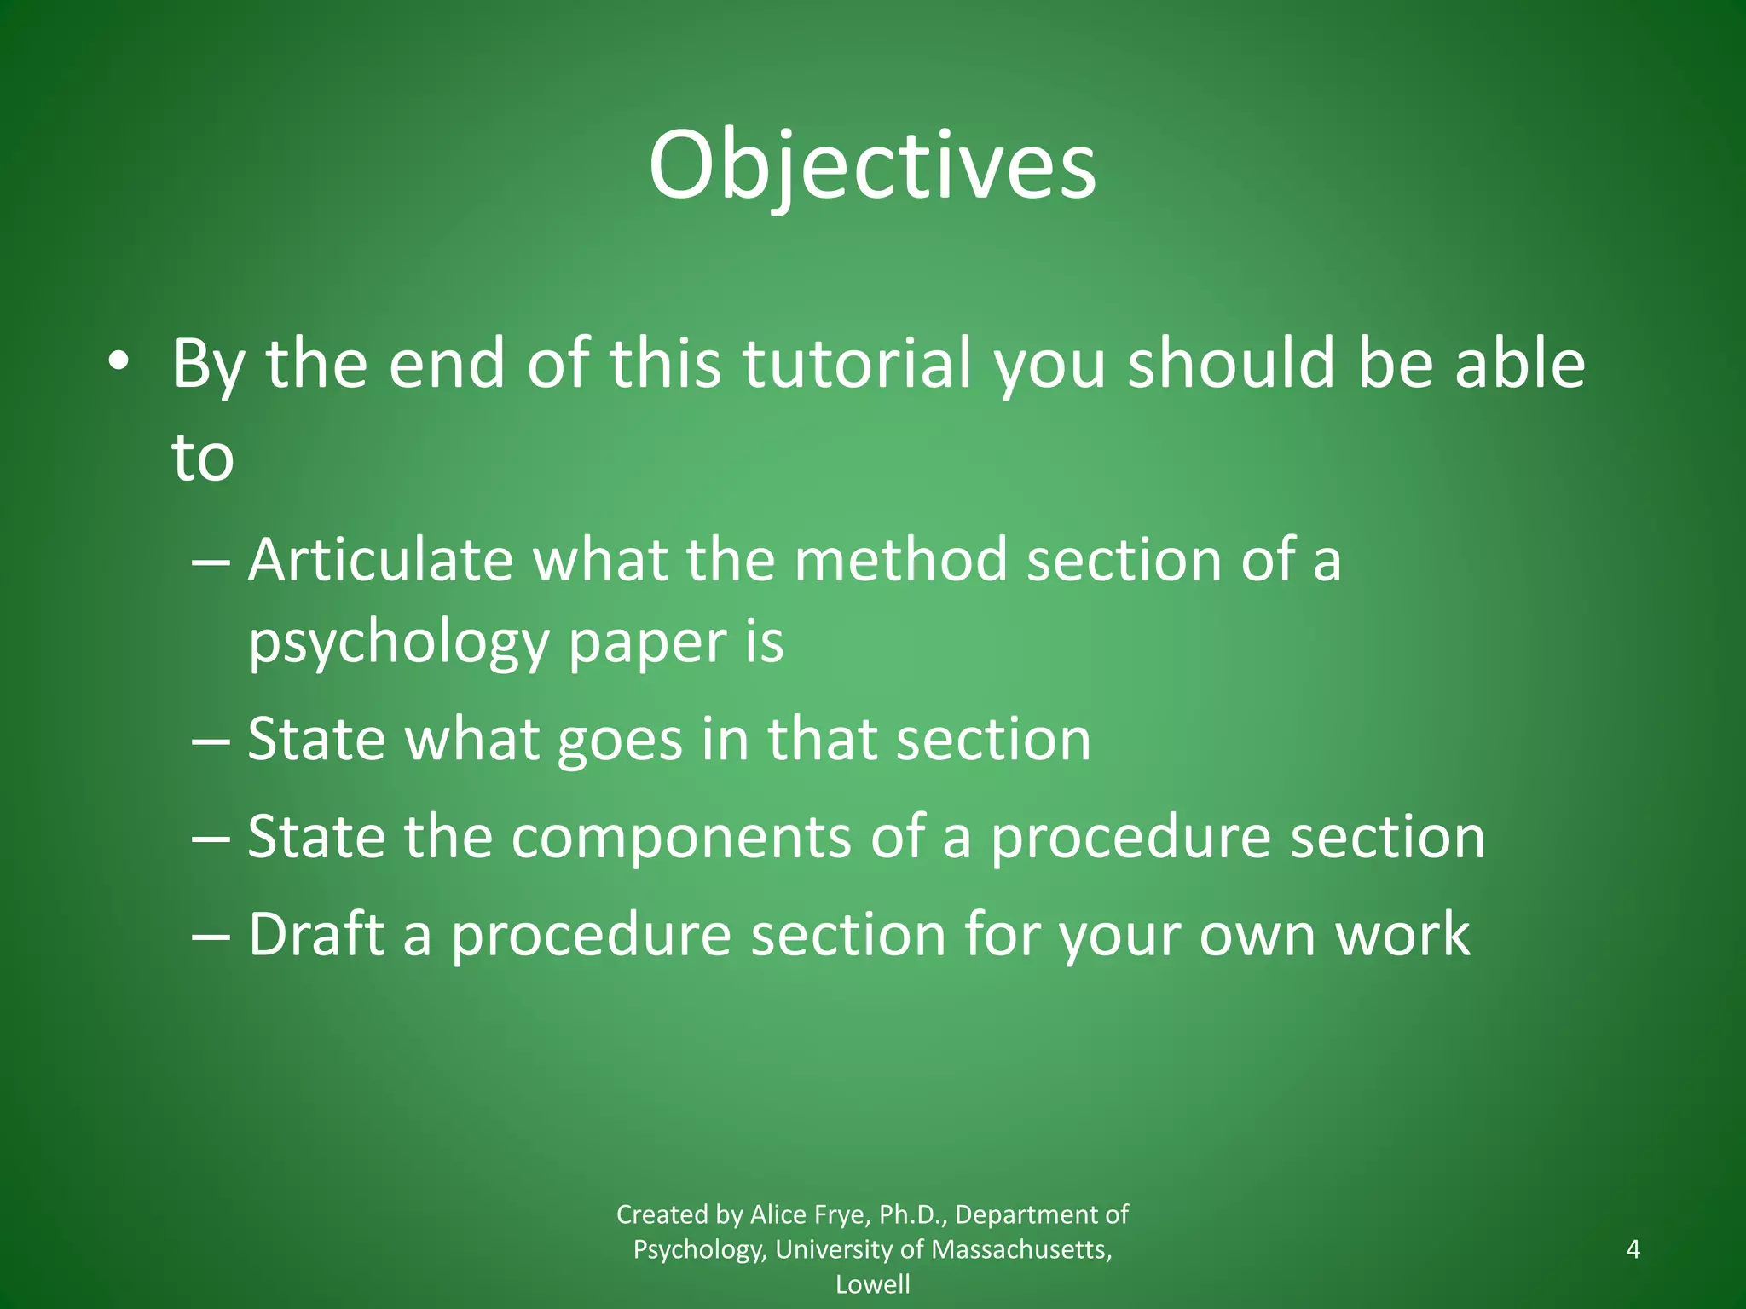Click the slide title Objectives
click(x=872, y=166)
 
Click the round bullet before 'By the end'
click(x=119, y=363)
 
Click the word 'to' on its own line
click(x=203, y=458)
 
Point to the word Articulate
click(x=380, y=561)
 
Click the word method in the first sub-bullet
click(x=900, y=561)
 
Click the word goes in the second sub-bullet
click(x=620, y=739)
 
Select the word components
click(x=680, y=837)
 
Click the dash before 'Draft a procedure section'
click(x=211, y=935)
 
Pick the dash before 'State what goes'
click(x=211, y=739)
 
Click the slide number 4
click(x=1633, y=1249)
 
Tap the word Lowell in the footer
click(x=872, y=1284)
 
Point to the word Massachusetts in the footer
click(x=1020, y=1249)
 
